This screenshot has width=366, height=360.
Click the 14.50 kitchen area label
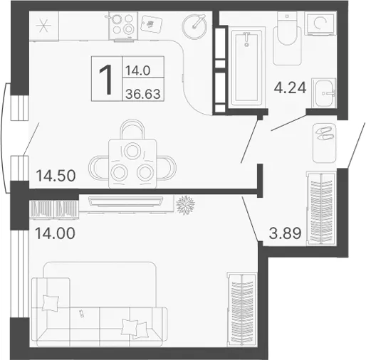coord(56,176)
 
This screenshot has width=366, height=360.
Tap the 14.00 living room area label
coord(55,233)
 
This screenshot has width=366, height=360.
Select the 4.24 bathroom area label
coord(290,88)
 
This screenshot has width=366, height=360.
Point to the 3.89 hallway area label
coord(286,233)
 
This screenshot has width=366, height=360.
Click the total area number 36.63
coord(143,94)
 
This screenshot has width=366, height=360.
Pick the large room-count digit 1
coord(106,80)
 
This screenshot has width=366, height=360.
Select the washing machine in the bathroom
coord(320,23)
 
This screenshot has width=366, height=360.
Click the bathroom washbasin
coord(323,93)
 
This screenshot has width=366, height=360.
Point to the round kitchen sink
coord(194,26)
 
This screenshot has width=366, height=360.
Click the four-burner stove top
coord(123,26)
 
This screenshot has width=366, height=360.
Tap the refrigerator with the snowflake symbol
coord(43,26)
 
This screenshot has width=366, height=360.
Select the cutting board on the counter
coord(151,23)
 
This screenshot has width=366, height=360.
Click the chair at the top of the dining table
coord(132,129)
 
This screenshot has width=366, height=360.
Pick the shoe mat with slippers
coord(324,143)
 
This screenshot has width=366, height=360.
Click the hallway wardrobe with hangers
coord(321,208)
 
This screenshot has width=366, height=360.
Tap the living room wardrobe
coord(242,309)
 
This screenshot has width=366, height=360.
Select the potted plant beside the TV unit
coord(186,205)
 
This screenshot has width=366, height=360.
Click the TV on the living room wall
coord(125,202)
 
